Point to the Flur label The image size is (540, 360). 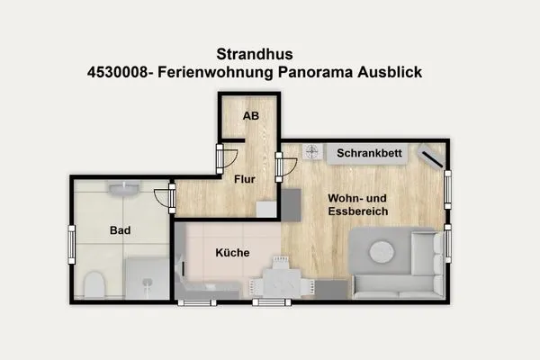click(x=245, y=179)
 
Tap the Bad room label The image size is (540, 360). click(x=120, y=230)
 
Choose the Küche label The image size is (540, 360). click(x=232, y=253)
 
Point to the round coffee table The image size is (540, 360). click(x=382, y=251)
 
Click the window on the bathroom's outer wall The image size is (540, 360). click(x=71, y=243)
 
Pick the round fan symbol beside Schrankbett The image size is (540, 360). click(x=311, y=152)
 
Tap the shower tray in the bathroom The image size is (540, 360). click(x=147, y=278)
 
